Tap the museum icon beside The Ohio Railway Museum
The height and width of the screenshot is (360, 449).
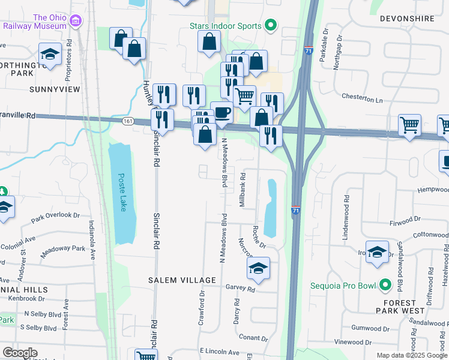pos(76,22)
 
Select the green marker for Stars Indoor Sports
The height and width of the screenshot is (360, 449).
pos(270,26)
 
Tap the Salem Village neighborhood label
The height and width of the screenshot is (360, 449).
pos(182,280)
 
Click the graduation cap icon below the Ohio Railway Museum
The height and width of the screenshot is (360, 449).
pos(50,54)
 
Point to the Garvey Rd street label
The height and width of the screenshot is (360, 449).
pos(241,288)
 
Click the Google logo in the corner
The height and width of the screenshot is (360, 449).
pos(19,353)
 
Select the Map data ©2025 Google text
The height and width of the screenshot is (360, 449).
pos(411,355)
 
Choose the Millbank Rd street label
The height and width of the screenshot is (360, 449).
pos(243,191)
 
